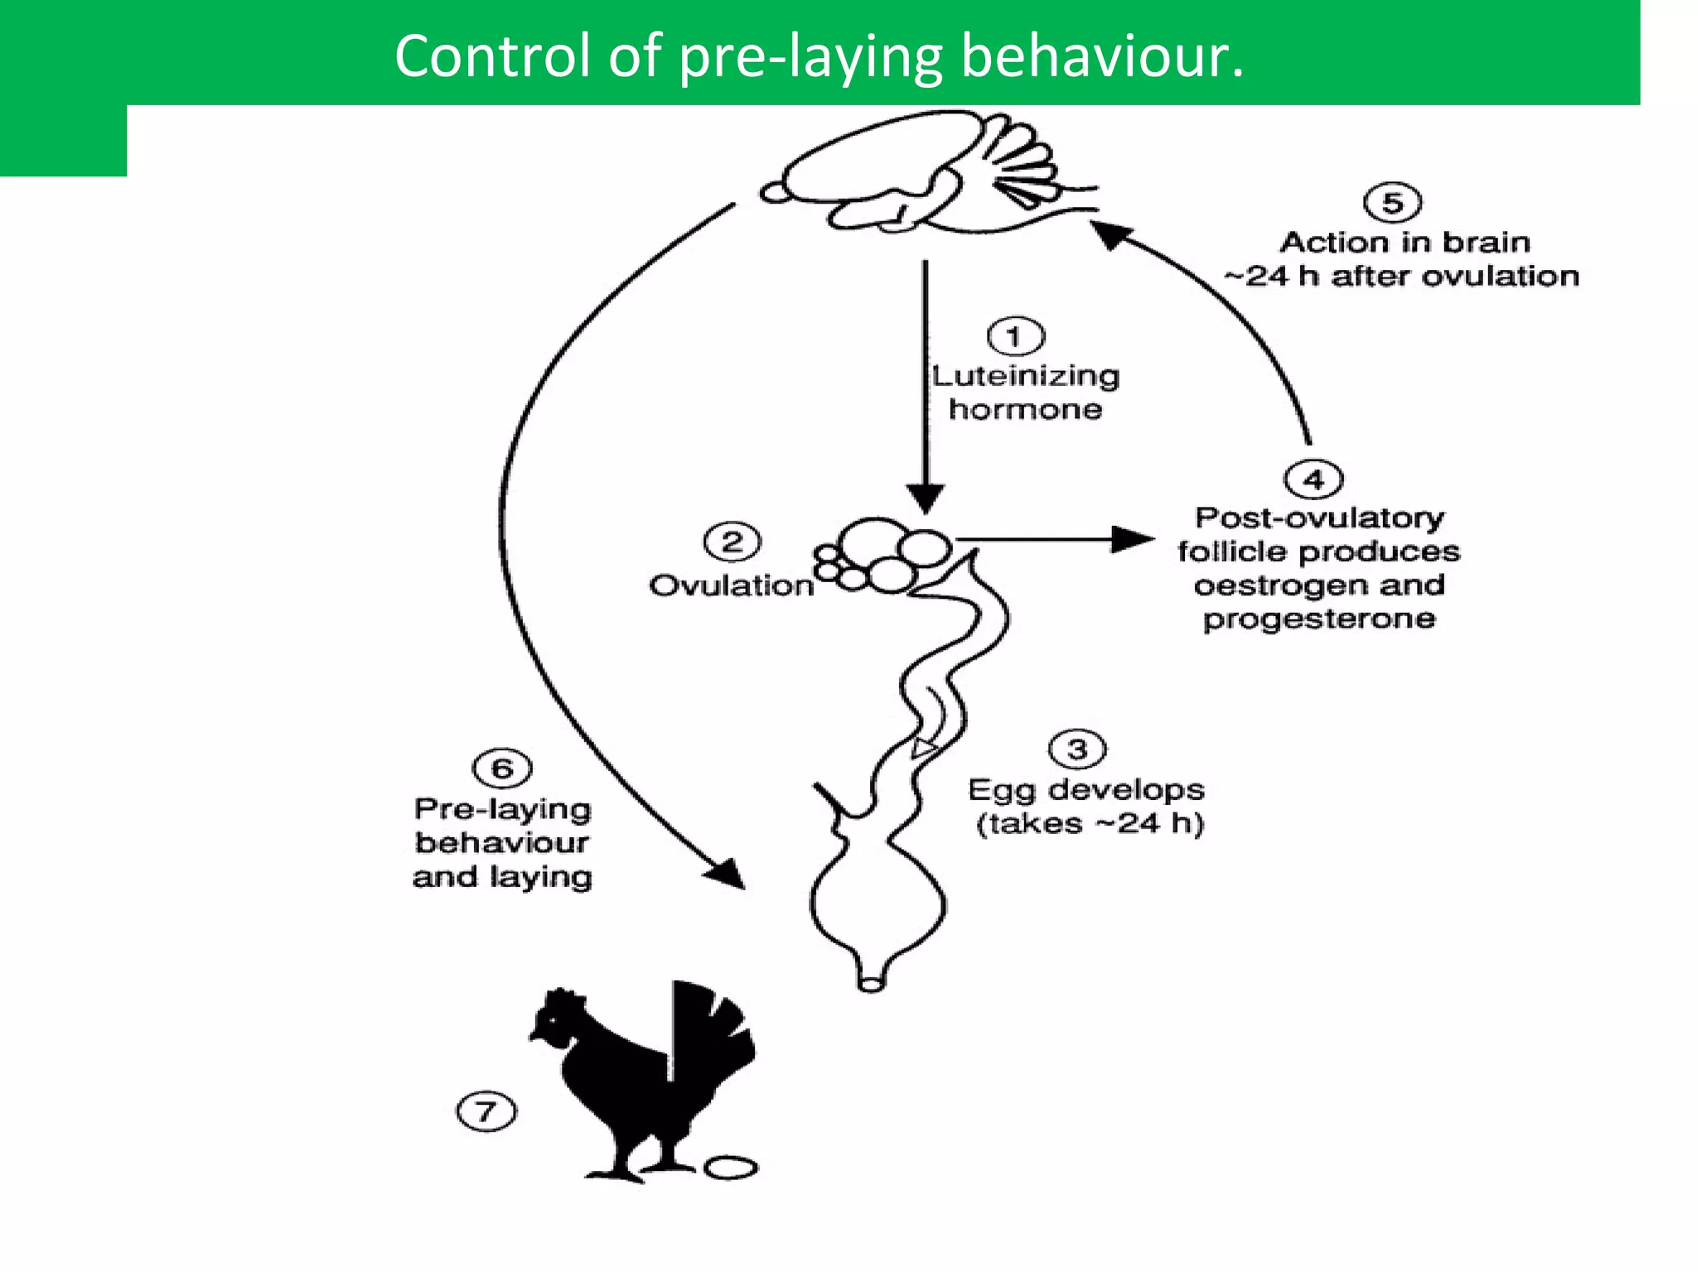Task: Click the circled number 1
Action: point(1016,337)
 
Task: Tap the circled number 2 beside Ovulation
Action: point(732,542)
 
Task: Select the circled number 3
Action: point(1077,749)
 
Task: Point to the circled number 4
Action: point(1313,479)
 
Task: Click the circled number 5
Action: point(1392,203)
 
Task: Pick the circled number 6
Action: point(502,768)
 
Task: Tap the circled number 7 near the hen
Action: point(486,1111)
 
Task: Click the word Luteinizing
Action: point(1026,376)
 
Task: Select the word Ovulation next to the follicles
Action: point(732,585)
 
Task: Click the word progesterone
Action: point(1319,619)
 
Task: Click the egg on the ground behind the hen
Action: point(730,1168)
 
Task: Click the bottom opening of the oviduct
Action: point(871,985)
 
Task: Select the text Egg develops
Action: point(1085,789)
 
